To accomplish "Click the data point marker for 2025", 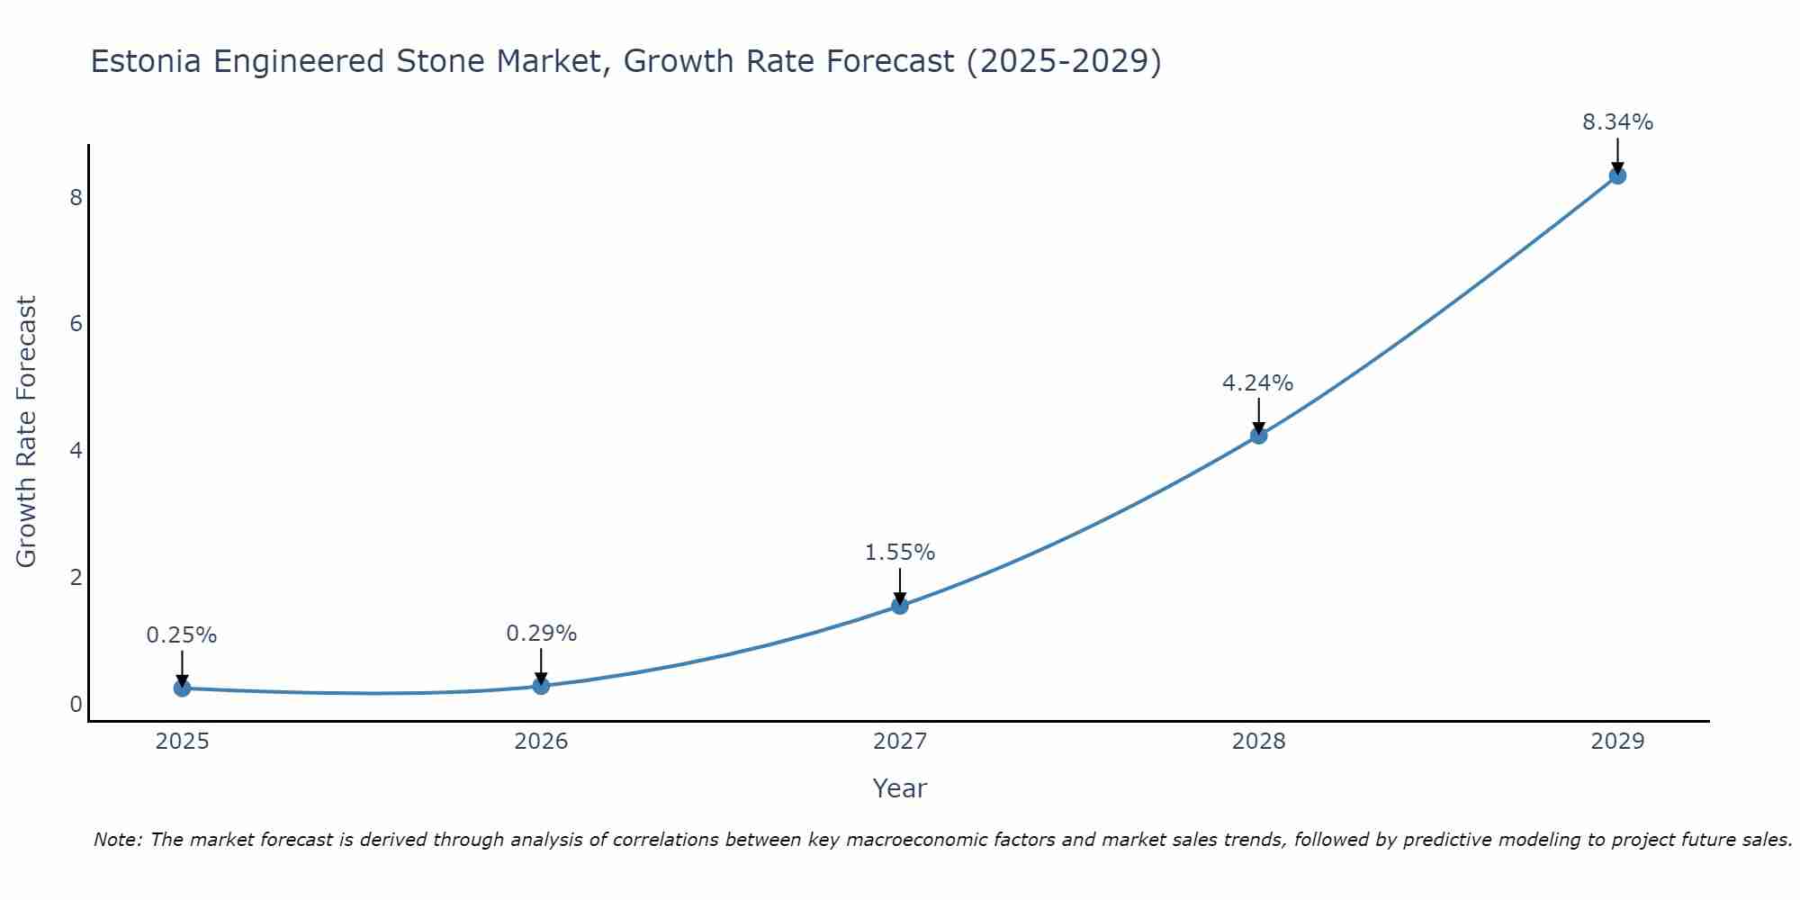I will point(182,688).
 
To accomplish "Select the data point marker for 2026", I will point(541,686).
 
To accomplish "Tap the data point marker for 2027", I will point(900,606).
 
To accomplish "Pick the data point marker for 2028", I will point(1258,436).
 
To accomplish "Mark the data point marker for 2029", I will point(1617,175).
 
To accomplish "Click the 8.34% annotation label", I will point(1617,122).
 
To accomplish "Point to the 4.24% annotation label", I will point(1257,383).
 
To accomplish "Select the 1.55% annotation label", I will point(900,553).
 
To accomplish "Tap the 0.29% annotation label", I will point(541,634).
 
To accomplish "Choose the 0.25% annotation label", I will point(182,635).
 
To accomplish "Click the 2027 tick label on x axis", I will point(900,742).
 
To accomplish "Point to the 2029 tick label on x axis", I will point(1617,742).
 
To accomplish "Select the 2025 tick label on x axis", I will point(182,742).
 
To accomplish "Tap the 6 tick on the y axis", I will point(76,323).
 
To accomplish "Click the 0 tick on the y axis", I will point(76,704).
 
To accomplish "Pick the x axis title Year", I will point(900,788).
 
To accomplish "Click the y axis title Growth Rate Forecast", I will point(27,432).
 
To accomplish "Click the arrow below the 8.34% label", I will point(1617,155).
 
